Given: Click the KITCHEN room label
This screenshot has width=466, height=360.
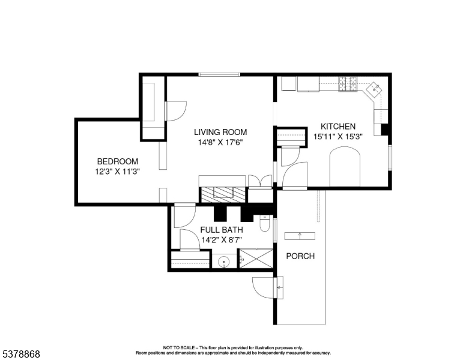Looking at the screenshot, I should coord(337,127).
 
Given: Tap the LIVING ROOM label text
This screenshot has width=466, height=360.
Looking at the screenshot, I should coord(220,132).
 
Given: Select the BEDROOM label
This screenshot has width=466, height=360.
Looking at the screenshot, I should coord(118,161).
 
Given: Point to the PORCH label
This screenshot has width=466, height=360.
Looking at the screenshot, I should coord(300,256).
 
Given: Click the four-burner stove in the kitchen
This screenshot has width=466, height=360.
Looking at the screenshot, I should coord(348,85).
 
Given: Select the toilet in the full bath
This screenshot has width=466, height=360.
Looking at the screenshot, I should coord(265,224).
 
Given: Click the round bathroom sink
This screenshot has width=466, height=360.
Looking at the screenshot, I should coord(224,262).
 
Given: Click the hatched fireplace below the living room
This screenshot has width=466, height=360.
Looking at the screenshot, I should coord(223,193).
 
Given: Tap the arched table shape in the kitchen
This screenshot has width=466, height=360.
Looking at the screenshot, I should coord(345,169).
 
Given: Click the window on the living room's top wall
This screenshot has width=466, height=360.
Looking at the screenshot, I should coord(220,74).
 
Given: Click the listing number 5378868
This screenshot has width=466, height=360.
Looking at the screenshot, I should coord(20,354).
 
